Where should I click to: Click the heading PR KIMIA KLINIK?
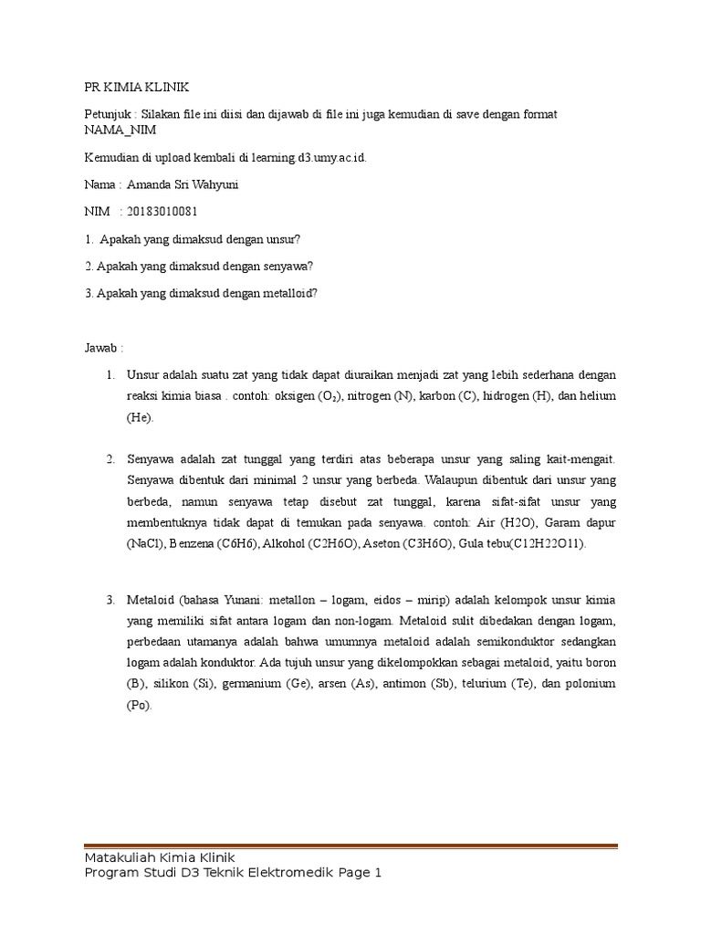[x=131, y=87]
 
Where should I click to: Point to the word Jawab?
[x=99, y=347]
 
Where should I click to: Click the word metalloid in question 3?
[x=280, y=293]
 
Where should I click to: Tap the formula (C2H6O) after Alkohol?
[x=330, y=544]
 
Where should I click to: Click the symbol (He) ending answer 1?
[x=141, y=417]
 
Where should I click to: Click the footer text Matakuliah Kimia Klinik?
[x=159, y=856]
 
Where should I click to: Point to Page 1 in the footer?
[x=358, y=873]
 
